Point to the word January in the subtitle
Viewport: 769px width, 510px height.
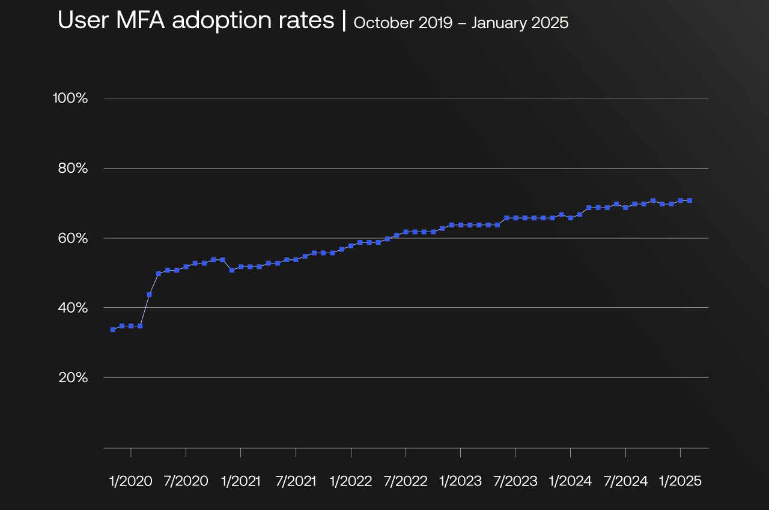[x=494, y=23]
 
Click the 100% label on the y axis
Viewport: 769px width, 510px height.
[x=70, y=98]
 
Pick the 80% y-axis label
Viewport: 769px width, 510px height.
[x=73, y=168]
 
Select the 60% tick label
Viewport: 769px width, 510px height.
[x=73, y=238]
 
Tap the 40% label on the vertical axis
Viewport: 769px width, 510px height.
[x=73, y=308]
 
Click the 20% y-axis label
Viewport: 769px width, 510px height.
[x=73, y=377]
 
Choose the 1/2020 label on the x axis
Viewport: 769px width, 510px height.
[x=131, y=481]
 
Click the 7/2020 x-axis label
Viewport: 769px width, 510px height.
[x=186, y=481]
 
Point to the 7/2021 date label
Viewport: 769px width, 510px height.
[x=296, y=481]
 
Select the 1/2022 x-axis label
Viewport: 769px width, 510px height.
[x=351, y=481]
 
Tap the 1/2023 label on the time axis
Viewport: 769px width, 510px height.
[x=461, y=481]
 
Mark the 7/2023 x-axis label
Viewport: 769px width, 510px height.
[x=515, y=481]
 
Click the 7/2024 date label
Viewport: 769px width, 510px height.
[x=625, y=481]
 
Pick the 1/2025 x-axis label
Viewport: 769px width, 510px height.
[x=680, y=481]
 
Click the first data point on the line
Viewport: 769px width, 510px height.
[x=112, y=329]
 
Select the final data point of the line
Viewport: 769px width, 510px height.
[x=690, y=200]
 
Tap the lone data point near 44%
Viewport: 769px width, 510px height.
[x=149, y=295]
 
